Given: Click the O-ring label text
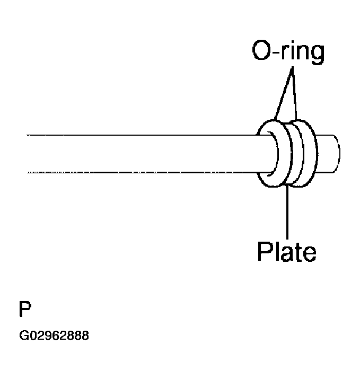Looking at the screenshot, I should pyautogui.click(x=287, y=52).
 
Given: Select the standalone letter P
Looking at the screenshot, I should pyautogui.click(x=24, y=309).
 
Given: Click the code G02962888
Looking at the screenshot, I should pyautogui.click(x=54, y=336).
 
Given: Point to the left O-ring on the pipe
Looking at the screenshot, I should pyautogui.click(x=269, y=154).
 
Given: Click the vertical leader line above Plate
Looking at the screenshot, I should pyautogui.click(x=288, y=212).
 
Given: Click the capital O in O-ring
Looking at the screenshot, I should pyautogui.click(x=260, y=52).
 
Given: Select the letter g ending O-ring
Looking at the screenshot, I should pyautogui.click(x=315, y=55).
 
